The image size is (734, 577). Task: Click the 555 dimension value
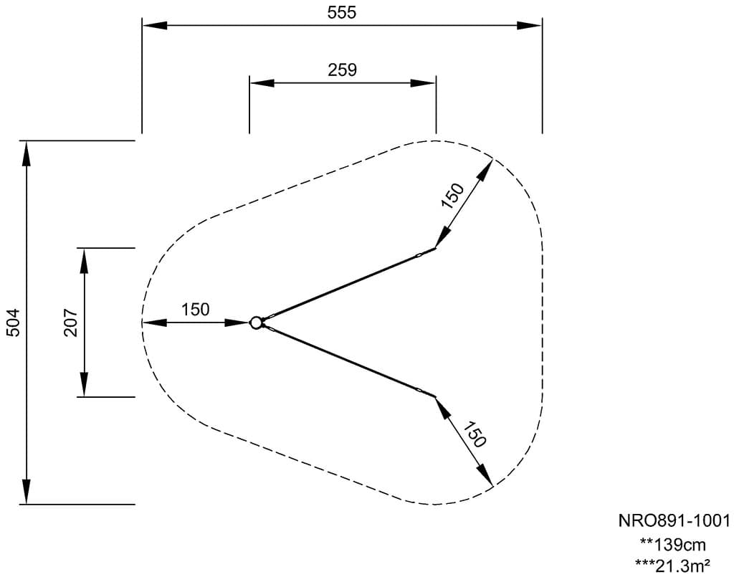click(x=342, y=13)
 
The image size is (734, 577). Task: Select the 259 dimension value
click(x=342, y=70)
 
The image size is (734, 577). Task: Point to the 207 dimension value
click(x=70, y=323)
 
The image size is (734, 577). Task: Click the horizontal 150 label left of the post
click(x=195, y=310)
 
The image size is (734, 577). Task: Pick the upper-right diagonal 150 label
click(x=453, y=195)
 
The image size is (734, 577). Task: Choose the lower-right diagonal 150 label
click(x=475, y=434)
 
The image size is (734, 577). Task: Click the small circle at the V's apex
click(x=256, y=323)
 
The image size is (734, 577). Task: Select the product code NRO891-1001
click(x=674, y=520)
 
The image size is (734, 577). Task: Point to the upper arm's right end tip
click(x=434, y=249)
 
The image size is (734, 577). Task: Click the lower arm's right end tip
click(x=434, y=396)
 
